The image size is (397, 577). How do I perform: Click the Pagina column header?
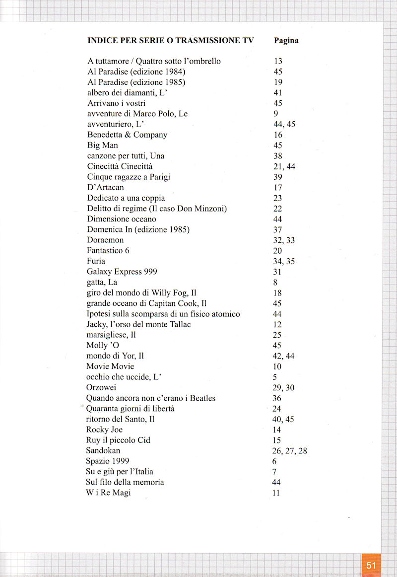click(286, 41)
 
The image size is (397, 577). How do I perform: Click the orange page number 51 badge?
click(371, 565)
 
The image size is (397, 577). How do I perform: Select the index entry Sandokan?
click(103, 450)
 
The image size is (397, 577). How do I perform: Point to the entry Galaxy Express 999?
click(122, 272)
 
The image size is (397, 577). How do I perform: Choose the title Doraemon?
click(105, 240)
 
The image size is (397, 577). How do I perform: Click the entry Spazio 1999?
click(108, 461)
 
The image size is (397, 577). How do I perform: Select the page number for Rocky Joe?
click(277, 430)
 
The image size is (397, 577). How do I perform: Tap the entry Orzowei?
click(101, 387)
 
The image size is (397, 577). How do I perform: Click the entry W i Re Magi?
click(108, 493)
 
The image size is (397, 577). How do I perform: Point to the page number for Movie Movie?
click(277, 366)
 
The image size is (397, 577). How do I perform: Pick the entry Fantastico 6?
click(108, 250)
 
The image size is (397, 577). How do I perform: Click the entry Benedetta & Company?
click(127, 135)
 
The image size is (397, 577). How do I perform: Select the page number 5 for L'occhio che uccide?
click(275, 377)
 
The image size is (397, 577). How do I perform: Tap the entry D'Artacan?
click(105, 187)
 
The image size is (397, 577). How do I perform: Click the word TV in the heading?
click(248, 41)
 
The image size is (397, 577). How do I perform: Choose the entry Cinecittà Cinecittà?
click(120, 166)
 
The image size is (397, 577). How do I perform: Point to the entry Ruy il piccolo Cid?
click(118, 440)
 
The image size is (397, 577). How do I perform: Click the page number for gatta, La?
click(275, 283)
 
